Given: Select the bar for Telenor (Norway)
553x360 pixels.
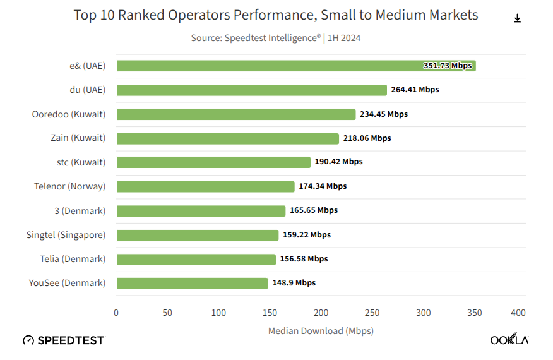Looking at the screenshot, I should click(x=206, y=186).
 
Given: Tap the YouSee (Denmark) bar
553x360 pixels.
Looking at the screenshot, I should click(x=193, y=283).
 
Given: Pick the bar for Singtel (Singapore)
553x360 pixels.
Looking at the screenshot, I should click(x=198, y=235).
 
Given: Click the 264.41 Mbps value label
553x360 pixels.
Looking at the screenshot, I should click(x=415, y=90).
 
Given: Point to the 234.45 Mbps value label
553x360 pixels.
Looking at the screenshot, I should click(x=384, y=114).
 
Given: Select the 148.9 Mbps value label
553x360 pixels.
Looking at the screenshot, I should click(x=294, y=283).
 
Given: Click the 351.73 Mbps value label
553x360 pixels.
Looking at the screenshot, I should click(x=448, y=66).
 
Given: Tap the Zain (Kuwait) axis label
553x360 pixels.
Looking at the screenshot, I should click(x=78, y=138).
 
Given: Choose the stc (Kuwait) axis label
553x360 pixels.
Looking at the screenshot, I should click(x=81, y=162).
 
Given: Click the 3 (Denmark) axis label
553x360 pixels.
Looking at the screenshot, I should click(x=80, y=210).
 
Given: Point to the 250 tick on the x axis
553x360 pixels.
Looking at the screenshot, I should click(x=372, y=313).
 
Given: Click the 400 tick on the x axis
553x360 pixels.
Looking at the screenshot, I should click(x=518, y=313).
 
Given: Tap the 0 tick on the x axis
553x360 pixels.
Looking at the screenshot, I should click(x=116, y=313).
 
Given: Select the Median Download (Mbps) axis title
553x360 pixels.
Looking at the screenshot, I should click(x=321, y=331).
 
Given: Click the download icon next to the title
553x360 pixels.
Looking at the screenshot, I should click(x=517, y=18).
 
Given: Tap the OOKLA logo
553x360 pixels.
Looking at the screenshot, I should click(x=509, y=340).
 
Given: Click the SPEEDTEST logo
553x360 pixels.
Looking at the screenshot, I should click(x=64, y=340).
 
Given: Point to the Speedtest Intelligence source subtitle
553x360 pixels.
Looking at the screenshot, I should click(x=276, y=38).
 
